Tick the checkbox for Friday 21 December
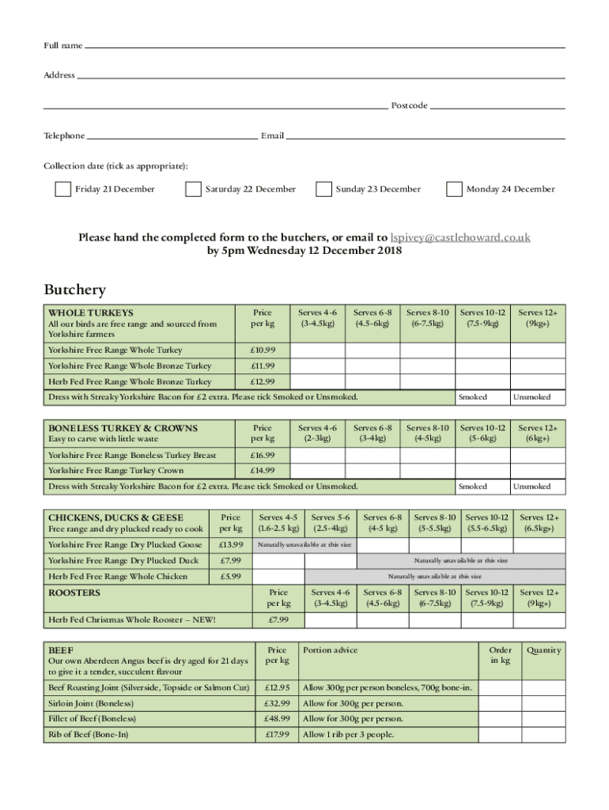[62, 189]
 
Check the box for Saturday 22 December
[193, 189]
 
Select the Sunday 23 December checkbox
[323, 189]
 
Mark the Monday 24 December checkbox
[454, 189]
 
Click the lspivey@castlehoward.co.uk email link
[460, 237]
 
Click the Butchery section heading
[74, 290]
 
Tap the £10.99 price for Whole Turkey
[263, 350]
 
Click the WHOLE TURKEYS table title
[91, 313]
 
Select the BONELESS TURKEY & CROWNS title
[123, 428]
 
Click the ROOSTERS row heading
[75, 592]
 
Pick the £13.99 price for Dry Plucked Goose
[230, 545]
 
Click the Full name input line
[324, 47]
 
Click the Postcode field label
[409, 105]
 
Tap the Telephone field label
[64, 136]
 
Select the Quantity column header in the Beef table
[543, 650]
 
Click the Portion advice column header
[330, 650]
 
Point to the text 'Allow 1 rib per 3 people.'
[348, 735]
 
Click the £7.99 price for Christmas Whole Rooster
[278, 619]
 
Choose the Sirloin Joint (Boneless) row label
[91, 703]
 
